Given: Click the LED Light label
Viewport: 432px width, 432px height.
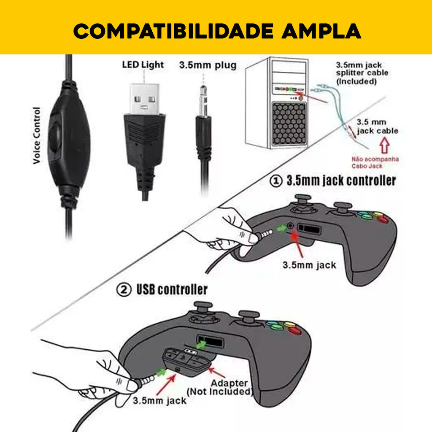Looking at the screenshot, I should (x=143, y=65).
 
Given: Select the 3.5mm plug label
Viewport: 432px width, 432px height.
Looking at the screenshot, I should (x=208, y=65).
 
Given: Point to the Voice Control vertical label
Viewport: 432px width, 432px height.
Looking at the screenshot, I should (x=37, y=135).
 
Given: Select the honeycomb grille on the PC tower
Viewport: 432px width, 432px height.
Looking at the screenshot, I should (x=289, y=123).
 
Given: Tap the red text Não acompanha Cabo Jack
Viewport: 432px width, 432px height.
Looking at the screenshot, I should (x=375, y=162).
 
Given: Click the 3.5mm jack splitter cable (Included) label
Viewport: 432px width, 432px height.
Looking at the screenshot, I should (x=362, y=73).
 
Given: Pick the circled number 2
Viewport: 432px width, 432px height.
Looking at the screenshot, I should (x=123, y=290).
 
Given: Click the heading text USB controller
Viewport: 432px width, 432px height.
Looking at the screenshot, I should (x=172, y=290).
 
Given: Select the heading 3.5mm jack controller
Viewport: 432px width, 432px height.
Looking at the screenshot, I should (x=341, y=181).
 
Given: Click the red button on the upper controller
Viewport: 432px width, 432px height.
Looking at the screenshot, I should (x=382, y=219).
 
